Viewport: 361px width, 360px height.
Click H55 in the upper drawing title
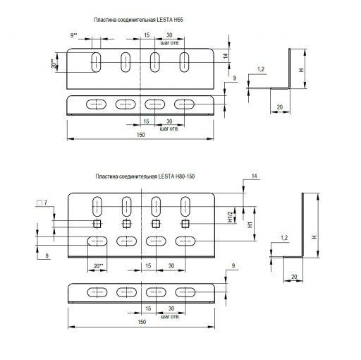tap(178, 20)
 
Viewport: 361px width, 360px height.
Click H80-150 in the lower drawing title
tap(185, 176)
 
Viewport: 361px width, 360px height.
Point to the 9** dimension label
tap(74, 35)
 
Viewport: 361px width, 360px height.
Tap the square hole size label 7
tap(46, 203)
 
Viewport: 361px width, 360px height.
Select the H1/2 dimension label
tap(230, 217)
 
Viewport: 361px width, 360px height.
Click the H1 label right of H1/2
tap(250, 224)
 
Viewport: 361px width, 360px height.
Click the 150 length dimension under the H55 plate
tap(140, 135)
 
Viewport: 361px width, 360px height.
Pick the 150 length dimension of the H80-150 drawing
tap(142, 322)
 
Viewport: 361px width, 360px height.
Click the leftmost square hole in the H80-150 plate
tap(97, 224)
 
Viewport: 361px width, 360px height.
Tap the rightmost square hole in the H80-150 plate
tap(185, 224)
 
